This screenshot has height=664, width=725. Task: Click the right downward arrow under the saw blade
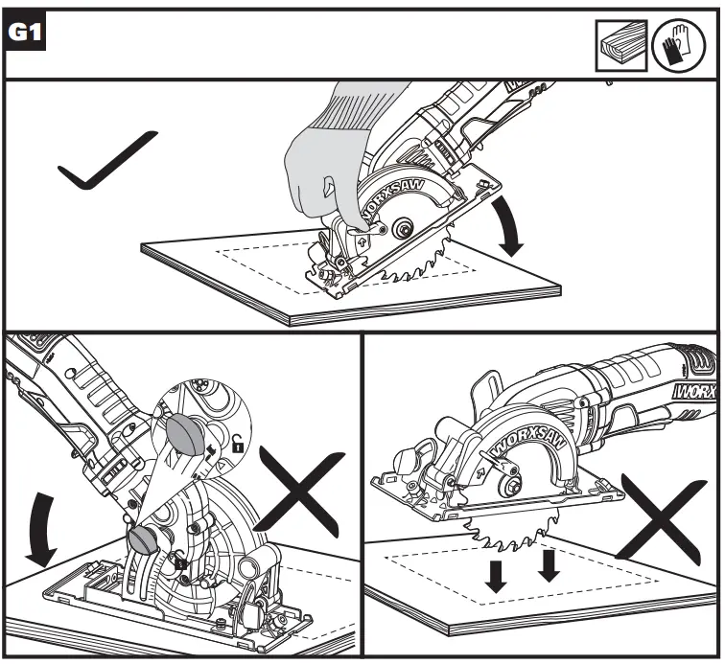coord(549,564)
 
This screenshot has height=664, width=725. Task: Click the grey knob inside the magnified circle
coord(188,433)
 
